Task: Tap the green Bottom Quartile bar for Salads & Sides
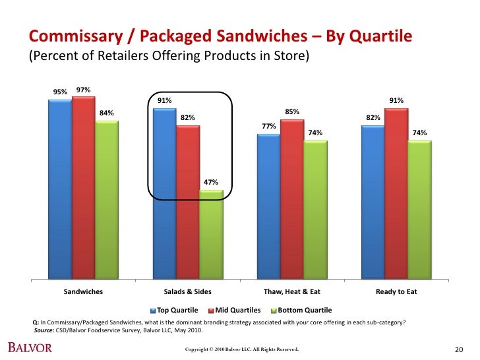pos(211,234)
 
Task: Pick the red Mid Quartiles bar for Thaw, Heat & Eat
pos(291,198)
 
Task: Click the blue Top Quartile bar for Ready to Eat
pos(373,201)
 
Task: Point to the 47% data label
pos(210,182)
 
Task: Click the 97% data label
pos(83,90)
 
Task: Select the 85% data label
pos(292,111)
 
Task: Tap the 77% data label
pos(268,126)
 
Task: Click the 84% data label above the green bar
pos(106,113)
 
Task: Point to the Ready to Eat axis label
pos(396,291)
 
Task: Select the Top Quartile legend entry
pos(176,310)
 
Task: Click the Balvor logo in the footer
pos(30,347)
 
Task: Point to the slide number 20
pos(460,349)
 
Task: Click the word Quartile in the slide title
pos(379,35)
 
